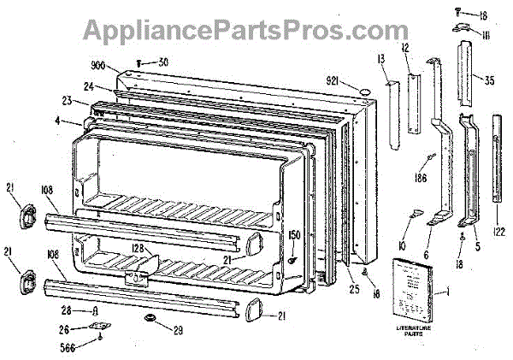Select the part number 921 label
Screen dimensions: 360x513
click(337, 80)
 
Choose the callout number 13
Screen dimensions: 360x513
click(381, 59)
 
